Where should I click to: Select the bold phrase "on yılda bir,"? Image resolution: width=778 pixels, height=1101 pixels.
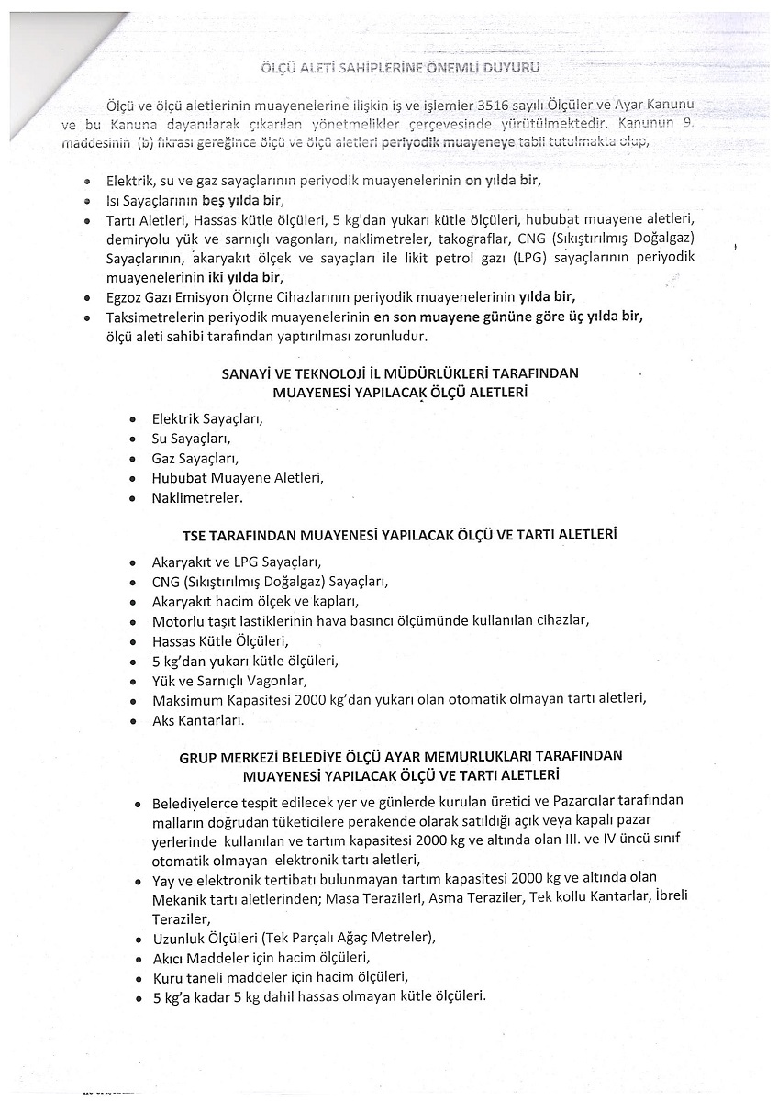point(503,181)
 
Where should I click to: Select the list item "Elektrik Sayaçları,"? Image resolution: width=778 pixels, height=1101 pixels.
point(207,419)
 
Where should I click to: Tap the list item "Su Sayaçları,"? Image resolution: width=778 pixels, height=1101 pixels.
point(191,439)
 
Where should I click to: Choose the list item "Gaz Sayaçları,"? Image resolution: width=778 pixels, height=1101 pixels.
point(194,459)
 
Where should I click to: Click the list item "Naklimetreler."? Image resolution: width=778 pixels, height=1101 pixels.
point(196,498)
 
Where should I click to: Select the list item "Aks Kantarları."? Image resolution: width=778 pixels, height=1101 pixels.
point(198,720)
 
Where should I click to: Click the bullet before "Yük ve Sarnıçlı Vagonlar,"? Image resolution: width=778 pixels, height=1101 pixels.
point(133,681)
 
